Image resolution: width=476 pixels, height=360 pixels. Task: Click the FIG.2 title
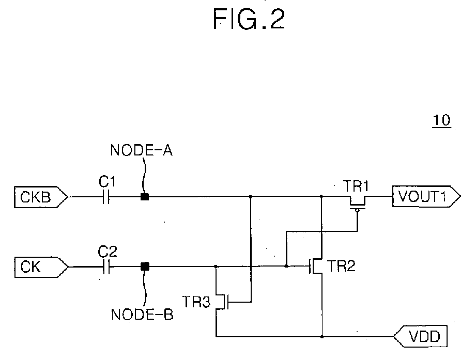click(249, 19)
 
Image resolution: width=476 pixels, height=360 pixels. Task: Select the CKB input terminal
click(41, 197)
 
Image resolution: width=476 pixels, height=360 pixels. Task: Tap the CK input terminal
click(41, 267)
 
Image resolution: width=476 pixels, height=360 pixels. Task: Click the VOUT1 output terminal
click(426, 197)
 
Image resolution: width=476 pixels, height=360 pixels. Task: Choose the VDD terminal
click(421, 336)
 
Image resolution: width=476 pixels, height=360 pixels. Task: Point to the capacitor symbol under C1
click(105, 197)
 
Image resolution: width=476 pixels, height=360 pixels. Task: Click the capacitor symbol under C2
click(106, 267)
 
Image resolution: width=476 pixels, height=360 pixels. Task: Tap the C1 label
click(107, 182)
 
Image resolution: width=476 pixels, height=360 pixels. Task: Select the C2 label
click(107, 252)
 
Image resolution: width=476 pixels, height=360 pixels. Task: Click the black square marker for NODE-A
click(145, 197)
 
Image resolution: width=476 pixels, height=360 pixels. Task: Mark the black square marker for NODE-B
click(145, 267)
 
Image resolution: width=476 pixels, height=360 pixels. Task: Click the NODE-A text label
click(142, 150)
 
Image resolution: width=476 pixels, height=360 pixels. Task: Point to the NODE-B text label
click(142, 314)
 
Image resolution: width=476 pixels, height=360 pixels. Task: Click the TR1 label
click(356, 186)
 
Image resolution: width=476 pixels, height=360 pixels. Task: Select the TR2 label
click(341, 266)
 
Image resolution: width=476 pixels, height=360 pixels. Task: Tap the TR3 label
click(196, 302)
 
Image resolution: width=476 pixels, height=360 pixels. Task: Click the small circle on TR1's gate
click(357, 211)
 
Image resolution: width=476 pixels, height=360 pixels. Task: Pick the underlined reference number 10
click(442, 120)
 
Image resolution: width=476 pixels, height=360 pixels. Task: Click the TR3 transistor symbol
click(223, 302)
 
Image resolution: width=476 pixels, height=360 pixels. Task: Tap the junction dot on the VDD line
click(322, 337)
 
